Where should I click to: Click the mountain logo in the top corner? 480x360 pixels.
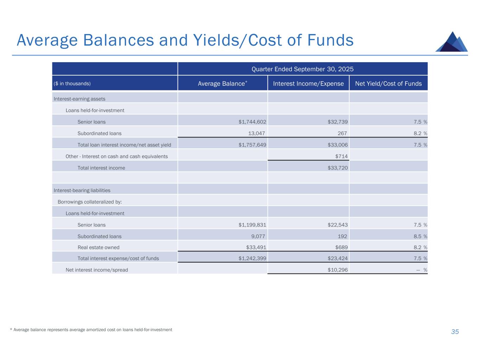coord(452,42)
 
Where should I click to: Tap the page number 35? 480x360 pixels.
coord(455,332)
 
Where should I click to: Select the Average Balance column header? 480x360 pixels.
coord(223,83)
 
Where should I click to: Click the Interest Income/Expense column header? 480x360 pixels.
coord(308,83)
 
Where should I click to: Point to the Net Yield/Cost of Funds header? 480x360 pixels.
coord(388,83)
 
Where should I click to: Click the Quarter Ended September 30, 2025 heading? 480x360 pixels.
coord(303,69)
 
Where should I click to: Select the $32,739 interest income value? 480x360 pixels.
coord(338,122)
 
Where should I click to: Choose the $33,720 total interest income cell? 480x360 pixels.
coord(338,168)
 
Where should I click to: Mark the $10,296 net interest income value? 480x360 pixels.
coord(338,270)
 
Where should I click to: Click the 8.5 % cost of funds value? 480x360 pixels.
coord(420,236)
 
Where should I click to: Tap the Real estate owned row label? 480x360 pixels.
coord(98,247)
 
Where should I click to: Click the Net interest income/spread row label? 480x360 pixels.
coord(97,270)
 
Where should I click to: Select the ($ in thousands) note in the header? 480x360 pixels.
coord(72,83)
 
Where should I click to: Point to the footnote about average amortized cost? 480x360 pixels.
coord(91,330)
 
